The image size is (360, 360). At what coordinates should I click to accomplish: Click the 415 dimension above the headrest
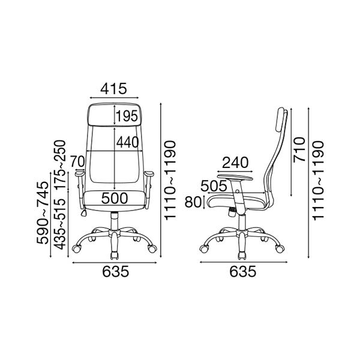(113, 89)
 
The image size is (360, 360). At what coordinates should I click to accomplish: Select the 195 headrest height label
(127, 116)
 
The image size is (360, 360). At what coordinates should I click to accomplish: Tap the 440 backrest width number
(127, 142)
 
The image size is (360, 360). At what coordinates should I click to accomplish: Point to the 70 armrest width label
(77, 161)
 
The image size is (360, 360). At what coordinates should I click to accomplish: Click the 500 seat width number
(115, 198)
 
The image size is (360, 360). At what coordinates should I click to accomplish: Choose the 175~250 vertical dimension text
(60, 164)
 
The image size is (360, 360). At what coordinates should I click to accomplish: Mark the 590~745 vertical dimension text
(43, 213)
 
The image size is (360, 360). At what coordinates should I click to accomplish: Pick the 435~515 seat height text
(59, 224)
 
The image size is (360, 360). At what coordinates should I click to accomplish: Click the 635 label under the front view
(115, 272)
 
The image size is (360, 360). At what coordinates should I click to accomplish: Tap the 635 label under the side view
(242, 272)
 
